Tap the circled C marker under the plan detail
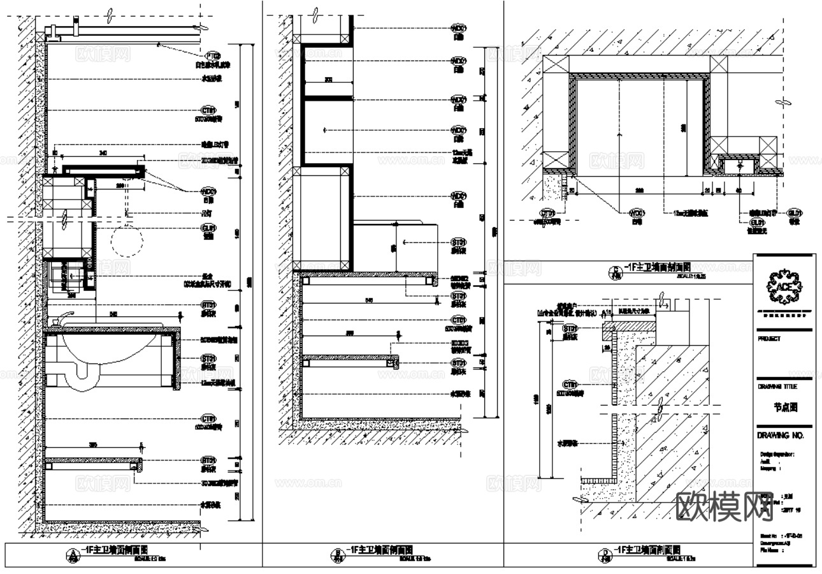(615, 272)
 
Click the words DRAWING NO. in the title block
(781, 436)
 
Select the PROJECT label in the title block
(769, 340)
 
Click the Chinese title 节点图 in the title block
(786, 407)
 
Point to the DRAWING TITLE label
(777, 386)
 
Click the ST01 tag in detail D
(569, 328)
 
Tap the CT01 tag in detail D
(570, 385)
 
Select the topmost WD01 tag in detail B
(458, 29)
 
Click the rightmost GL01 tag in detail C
(794, 214)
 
